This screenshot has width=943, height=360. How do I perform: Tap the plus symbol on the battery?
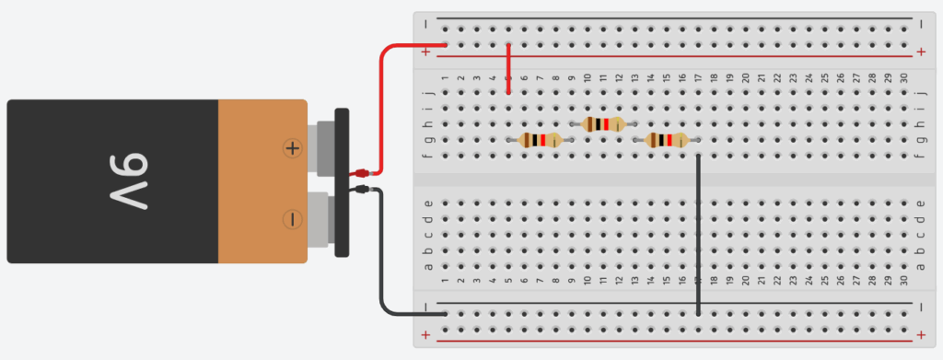tap(292, 147)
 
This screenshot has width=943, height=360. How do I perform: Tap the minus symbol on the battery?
tap(292, 219)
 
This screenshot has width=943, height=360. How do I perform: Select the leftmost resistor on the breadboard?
tap(539, 140)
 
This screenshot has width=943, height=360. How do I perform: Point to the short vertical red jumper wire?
tap(508, 69)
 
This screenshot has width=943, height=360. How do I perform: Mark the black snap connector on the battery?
tap(342, 182)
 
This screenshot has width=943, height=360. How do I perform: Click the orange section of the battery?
tap(262, 181)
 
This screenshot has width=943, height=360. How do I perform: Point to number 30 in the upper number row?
tap(904, 77)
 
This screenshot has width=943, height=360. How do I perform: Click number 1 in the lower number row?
tap(446, 281)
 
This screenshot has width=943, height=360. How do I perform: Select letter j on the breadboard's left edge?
tap(426, 93)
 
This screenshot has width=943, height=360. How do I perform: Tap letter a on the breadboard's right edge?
tap(924, 266)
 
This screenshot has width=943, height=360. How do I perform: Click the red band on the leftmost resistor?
tap(544, 140)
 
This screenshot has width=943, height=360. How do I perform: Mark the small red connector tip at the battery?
tap(362, 172)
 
